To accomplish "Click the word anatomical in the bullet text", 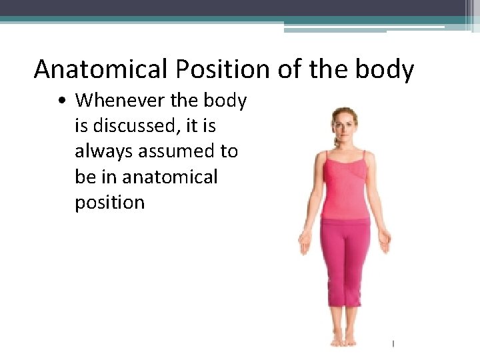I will click(170, 177).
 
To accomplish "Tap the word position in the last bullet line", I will click(109, 202).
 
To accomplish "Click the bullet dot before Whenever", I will click(61, 101).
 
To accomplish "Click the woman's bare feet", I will click(344, 340).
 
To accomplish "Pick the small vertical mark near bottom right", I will click(393, 344).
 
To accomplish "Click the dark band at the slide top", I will click(240, 8).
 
